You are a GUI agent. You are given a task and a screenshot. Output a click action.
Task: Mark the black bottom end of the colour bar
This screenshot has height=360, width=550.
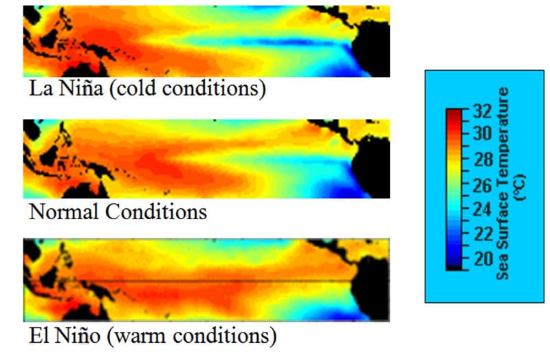click(454, 267)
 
